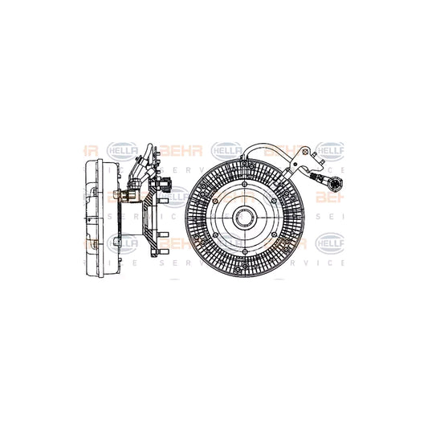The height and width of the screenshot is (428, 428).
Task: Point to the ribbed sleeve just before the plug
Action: tap(319, 179)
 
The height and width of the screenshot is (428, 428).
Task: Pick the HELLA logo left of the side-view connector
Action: tap(120, 149)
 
